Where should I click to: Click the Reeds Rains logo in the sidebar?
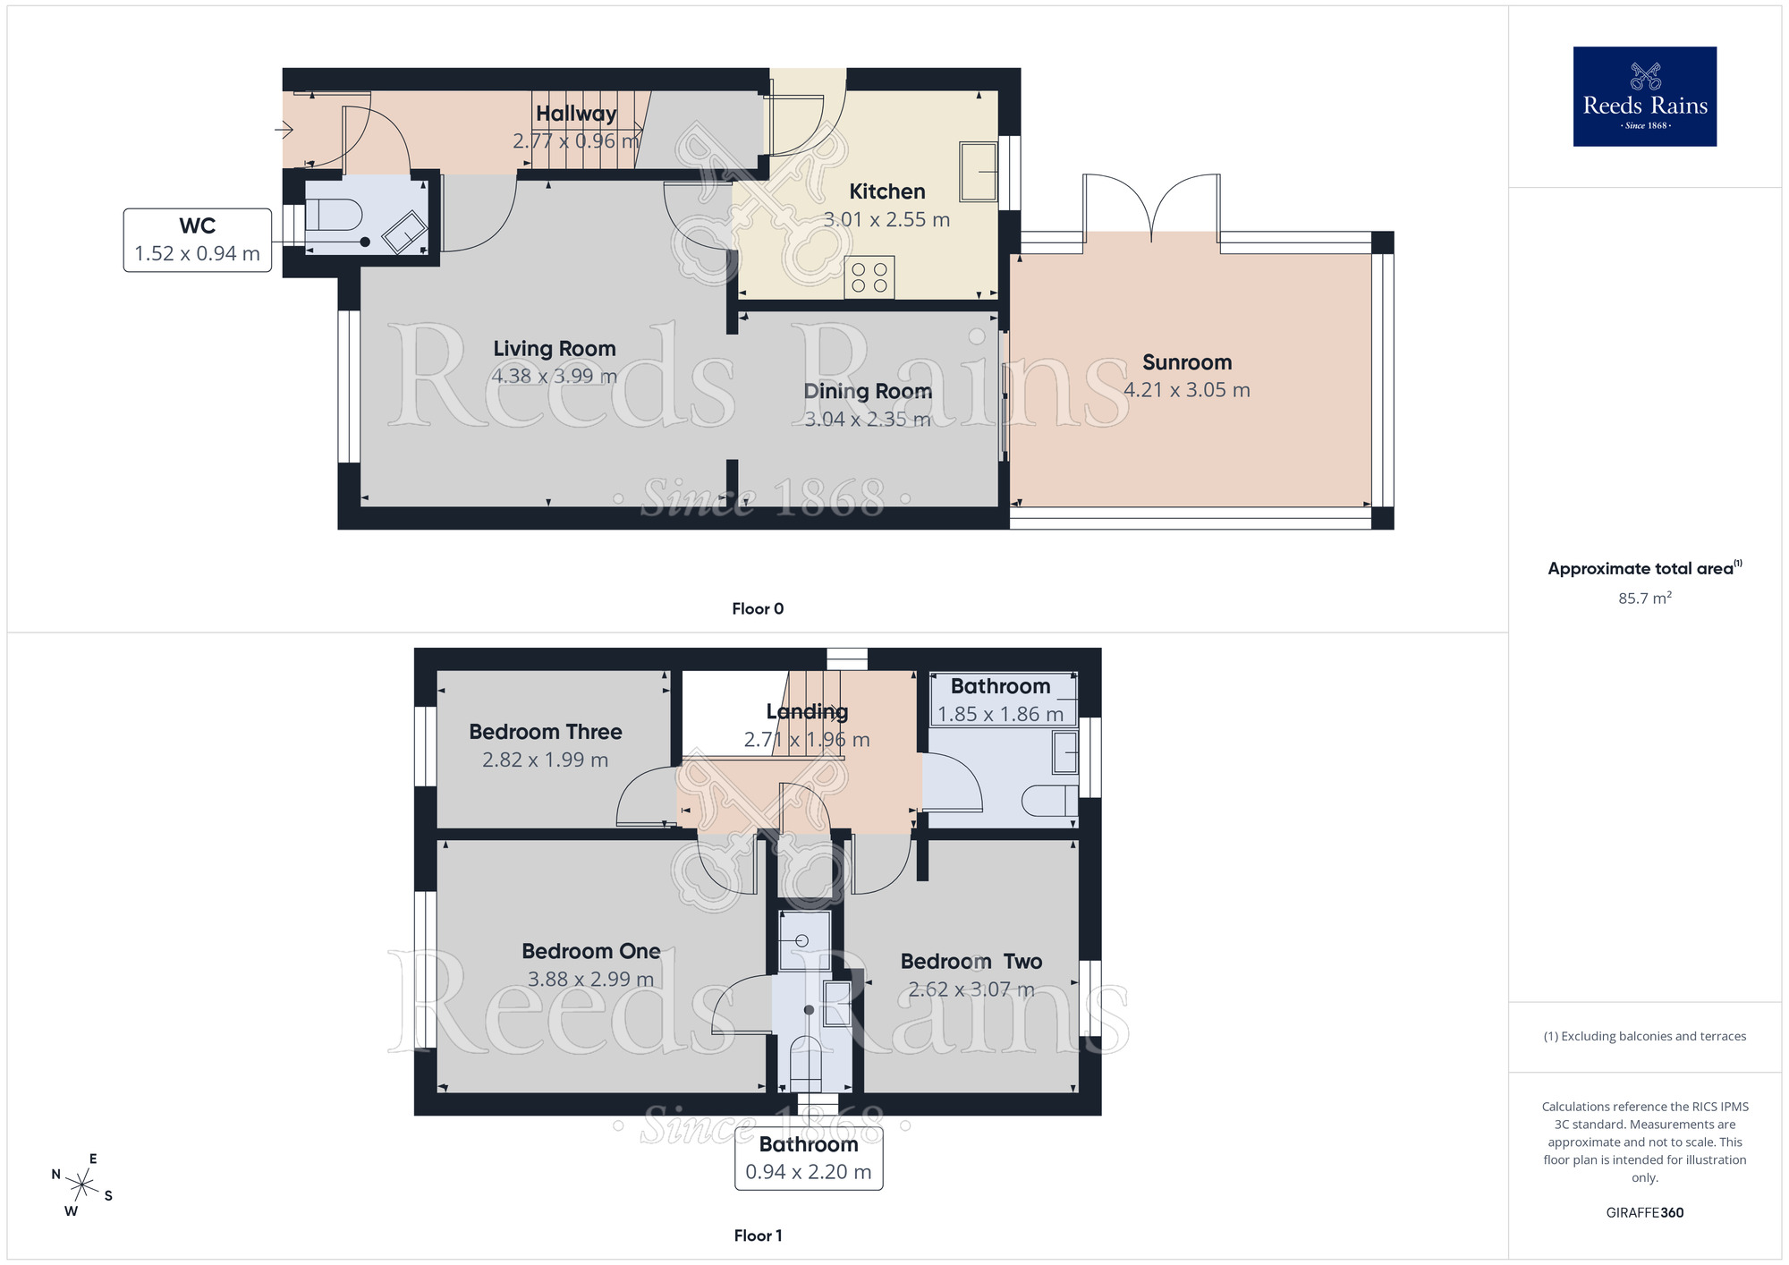(1644, 97)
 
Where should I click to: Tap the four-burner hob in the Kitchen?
(869, 277)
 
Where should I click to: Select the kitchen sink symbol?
(978, 171)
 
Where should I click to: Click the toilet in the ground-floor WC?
(333, 215)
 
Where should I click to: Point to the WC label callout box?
(197, 240)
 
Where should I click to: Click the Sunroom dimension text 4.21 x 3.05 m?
(1186, 390)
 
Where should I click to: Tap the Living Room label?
(555, 348)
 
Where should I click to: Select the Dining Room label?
(867, 391)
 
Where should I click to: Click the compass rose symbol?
(81, 1185)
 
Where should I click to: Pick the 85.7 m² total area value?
(1644, 598)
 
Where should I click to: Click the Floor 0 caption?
(757, 608)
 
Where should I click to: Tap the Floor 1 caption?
(757, 1235)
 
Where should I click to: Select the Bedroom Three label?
(545, 732)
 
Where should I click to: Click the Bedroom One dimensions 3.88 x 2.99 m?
(590, 980)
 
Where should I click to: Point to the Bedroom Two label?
(971, 962)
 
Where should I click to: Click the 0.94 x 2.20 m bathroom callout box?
(808, 1159)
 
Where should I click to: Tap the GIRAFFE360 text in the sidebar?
(1644, 1213)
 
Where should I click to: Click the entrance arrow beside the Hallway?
(284, 131)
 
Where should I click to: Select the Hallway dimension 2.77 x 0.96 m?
(575, 141)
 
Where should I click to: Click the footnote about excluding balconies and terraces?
(1644, 1036)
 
